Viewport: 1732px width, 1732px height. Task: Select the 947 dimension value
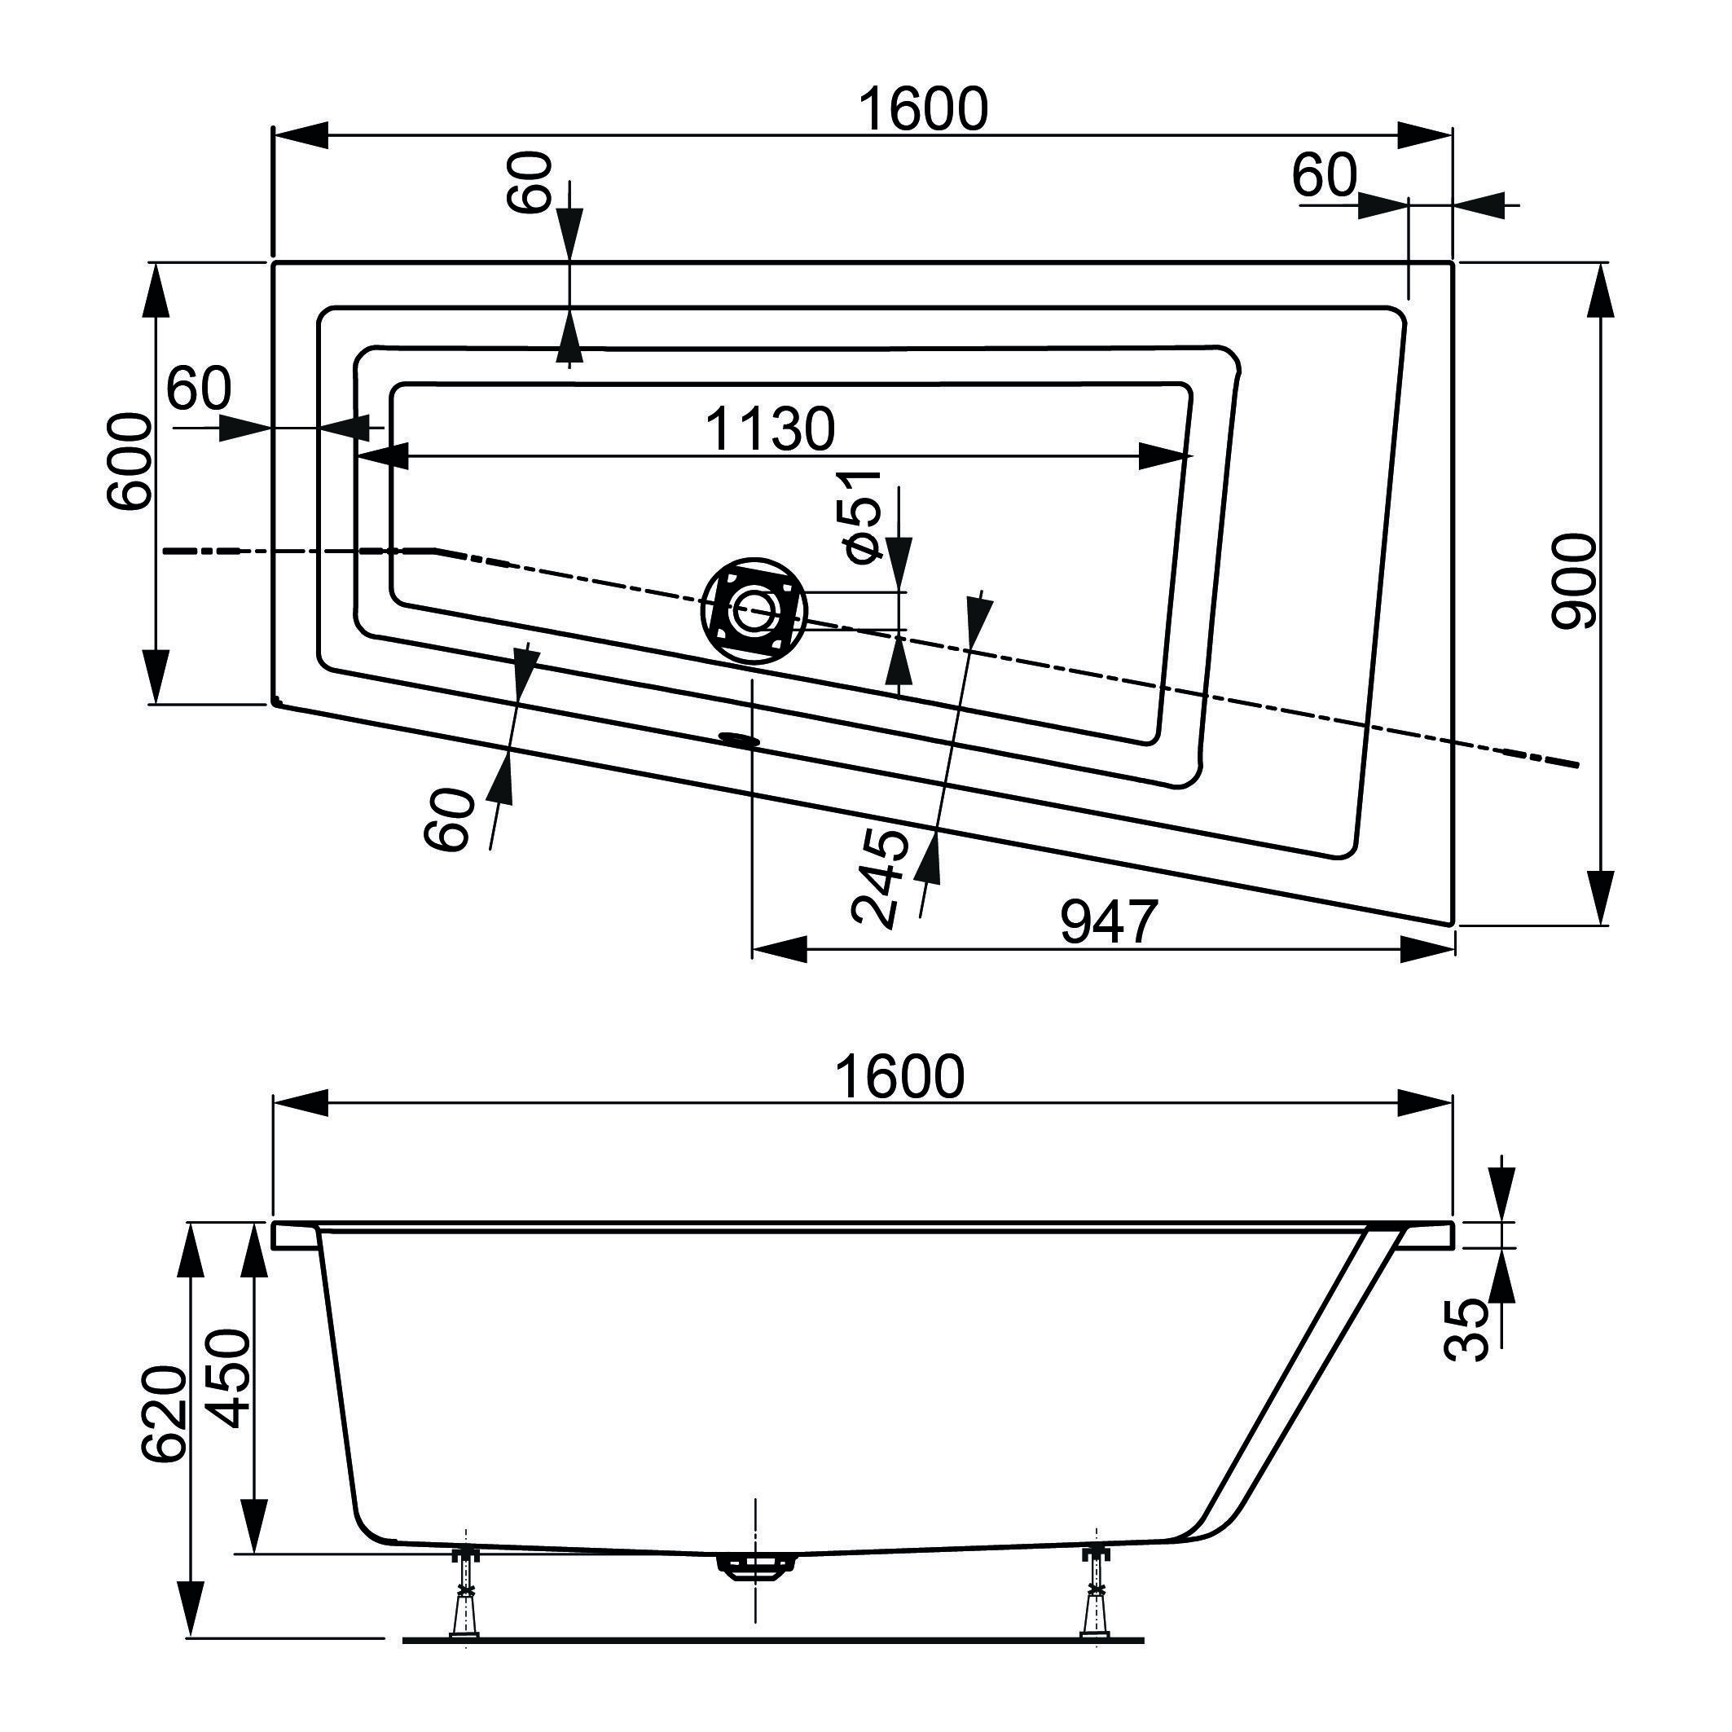[x=1109, y=921]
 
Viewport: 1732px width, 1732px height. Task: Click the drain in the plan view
[x=754, y=610]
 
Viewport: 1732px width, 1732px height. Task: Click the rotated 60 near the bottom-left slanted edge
[x=448, y=819]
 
